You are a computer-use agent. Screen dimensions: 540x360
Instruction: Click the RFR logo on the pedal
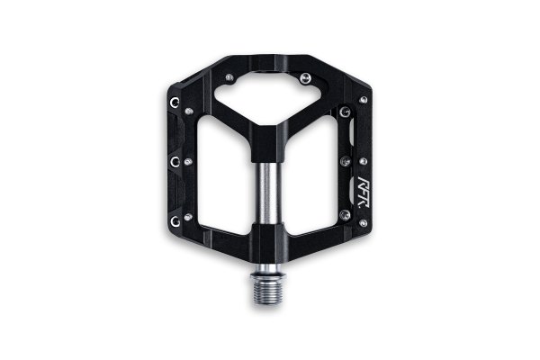[364, 193]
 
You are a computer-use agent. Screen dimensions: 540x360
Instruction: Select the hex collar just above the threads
[268, 274]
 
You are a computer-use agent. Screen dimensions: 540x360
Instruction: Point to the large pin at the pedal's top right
[305, 78]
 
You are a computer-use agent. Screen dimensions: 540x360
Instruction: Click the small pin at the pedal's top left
[229, 76]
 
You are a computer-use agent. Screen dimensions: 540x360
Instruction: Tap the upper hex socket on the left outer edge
[175, 102]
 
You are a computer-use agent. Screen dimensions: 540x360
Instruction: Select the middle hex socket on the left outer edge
[175, 161]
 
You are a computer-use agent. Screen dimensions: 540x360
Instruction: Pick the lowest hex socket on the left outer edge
[175, 221]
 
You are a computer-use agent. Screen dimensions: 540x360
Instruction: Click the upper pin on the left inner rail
[189, 112]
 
